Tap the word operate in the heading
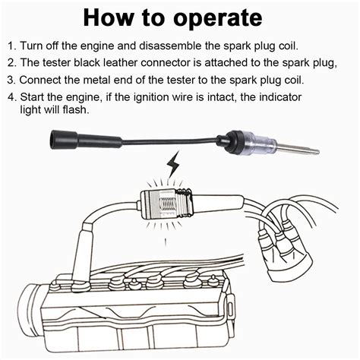click(x=219, y=18)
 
